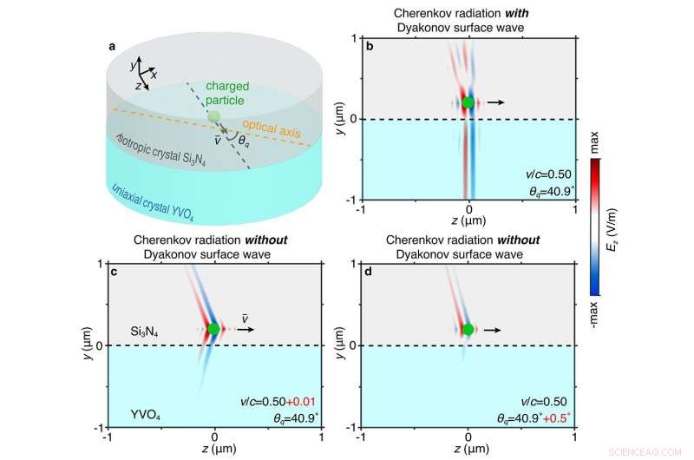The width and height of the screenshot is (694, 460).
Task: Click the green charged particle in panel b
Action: point(469,102)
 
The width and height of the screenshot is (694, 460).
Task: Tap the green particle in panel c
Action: point(214,329)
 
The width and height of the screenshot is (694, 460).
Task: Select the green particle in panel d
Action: point(469,330)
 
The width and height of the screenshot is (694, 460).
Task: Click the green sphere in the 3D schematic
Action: point(214,116)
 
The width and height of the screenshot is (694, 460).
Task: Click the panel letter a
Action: point(112,46)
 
